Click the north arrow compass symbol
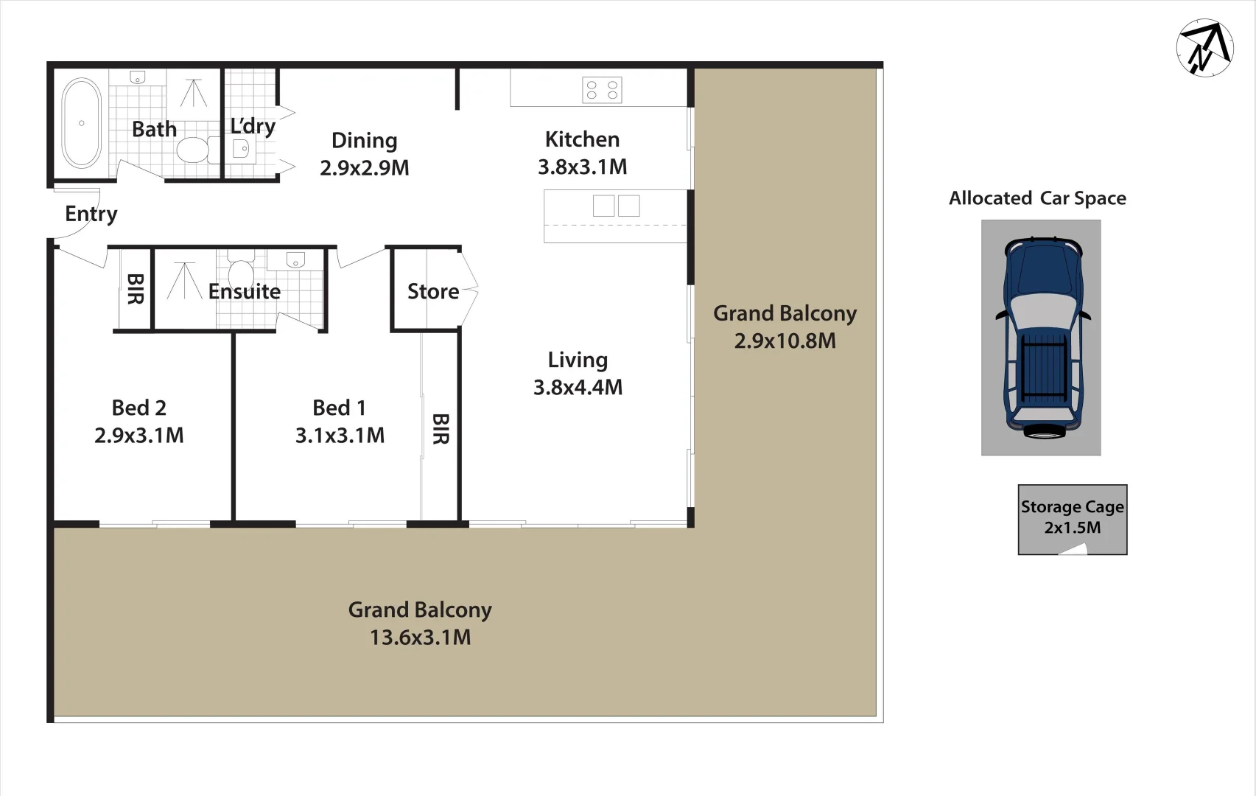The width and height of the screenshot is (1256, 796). [1204, 48]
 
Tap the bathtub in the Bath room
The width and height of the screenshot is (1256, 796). [81, 123]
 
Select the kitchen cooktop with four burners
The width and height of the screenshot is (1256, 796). [602, 90]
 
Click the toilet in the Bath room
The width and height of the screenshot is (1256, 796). [193, 150]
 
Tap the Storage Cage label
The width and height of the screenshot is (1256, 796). [1072, 507]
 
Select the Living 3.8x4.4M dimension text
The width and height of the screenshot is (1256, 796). [578, 387]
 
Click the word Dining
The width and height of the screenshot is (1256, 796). [364, 140]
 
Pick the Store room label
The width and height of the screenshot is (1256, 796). [433, 292]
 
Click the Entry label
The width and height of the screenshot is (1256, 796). [91, 214]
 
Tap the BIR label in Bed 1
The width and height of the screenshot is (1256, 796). [440, 429]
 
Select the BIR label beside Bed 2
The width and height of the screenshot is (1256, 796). [135, 289]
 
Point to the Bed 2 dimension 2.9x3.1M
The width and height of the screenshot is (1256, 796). [138, 436]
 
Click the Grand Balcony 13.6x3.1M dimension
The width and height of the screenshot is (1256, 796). [420, 638]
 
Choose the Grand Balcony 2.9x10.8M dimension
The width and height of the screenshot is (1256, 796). [785, 341]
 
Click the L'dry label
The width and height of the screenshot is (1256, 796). [253, 126]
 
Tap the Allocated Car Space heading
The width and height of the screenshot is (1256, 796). [1037, 198]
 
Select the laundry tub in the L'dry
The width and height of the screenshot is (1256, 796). [241, 150]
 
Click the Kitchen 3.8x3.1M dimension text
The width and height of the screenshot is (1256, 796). [582, 167]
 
